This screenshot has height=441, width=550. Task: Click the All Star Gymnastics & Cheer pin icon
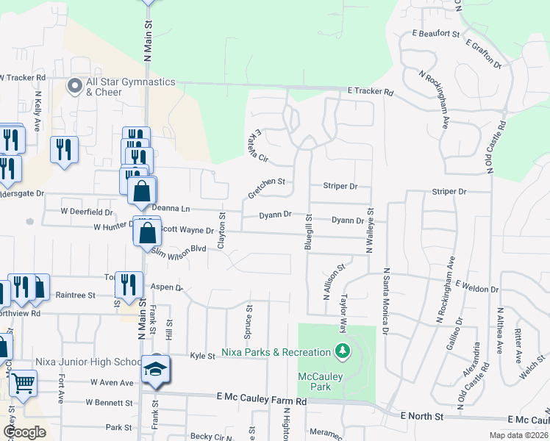pyautogui.click(x=74, y=86)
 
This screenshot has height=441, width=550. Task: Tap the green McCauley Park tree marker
pyautogui.click(x=340, y=351)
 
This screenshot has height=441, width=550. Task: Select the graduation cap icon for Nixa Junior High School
pyautogui.click(x=156, y=368)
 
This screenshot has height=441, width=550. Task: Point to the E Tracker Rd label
pyautogui.click(x=371, y=93)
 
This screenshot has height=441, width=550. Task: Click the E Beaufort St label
pyautogui.click(x=435, y=34)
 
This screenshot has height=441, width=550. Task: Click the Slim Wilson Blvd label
pyautogui.click(x=177, y=250)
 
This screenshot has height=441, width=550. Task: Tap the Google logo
pyautogui.click(x=24, y=432)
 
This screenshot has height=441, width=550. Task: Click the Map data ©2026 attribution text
pyautogui.click(x=518, y=435)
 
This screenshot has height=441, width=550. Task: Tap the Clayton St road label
pyautogui.click(x=221, y=232)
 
